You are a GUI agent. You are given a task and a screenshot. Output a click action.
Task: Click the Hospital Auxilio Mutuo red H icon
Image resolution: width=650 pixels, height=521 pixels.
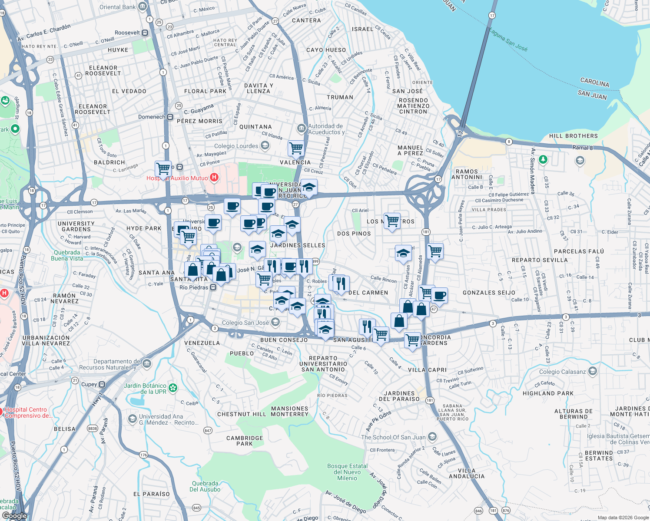coord(214,178)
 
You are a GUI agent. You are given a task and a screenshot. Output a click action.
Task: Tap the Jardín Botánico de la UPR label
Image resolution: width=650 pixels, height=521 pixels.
coord(145,389)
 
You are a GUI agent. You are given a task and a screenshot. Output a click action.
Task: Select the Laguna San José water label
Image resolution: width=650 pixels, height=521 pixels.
coord(508,40)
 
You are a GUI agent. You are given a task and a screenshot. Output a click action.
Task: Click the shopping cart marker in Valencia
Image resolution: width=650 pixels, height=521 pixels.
coord(296,148)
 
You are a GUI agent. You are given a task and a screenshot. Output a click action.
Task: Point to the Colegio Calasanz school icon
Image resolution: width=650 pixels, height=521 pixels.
coord(593,372)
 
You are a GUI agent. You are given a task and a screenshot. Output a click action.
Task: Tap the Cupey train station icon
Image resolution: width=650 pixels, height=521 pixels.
coord(102,384)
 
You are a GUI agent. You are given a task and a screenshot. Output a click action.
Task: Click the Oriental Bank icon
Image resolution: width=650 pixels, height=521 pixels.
coord(143,7)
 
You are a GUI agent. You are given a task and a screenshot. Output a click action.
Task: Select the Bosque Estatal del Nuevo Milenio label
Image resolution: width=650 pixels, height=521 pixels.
coord(347,472)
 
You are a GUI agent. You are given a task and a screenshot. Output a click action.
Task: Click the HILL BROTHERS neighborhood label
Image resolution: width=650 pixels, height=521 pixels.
coord(573,136)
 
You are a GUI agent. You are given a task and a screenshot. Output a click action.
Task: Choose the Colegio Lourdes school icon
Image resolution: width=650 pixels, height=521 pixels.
coord(265,146)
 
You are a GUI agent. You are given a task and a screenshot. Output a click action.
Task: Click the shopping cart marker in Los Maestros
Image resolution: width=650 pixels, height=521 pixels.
coord(392,221)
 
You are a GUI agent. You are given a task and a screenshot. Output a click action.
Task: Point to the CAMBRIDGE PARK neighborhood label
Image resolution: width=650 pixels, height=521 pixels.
coord(245,441)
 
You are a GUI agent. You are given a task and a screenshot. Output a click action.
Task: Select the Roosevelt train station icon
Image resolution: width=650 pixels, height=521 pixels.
coord(145,33)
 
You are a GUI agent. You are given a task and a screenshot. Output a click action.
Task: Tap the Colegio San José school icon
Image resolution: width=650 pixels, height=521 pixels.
coord(275,322)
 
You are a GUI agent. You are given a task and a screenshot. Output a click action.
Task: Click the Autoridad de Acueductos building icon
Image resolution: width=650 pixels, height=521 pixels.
coord(301,129)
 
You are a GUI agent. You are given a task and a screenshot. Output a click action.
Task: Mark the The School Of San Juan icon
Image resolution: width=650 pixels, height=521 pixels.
coord(432,437)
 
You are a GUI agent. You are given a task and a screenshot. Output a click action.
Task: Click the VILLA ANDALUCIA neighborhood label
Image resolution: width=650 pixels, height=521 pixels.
coord(467,473)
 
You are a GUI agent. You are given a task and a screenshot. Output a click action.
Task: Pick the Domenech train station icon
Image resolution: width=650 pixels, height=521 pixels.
coord(170,117)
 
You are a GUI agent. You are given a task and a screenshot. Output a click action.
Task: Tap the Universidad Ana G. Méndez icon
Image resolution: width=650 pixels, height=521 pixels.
coord(132,419)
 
